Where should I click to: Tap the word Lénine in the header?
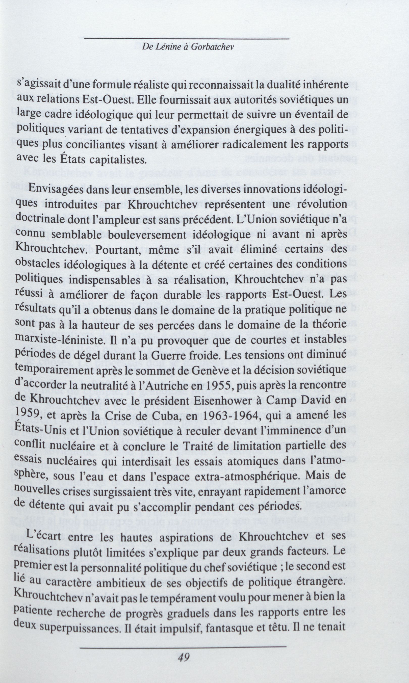tap(166, 47)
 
